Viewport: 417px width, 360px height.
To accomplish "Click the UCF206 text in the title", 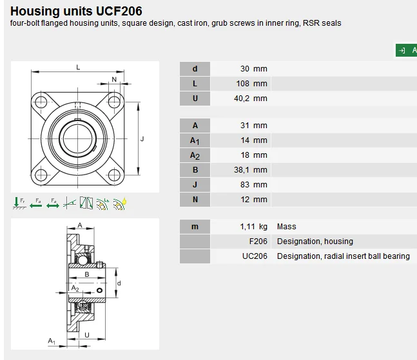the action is coord(119,11).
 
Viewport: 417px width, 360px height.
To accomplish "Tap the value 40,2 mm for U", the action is coord(251,99).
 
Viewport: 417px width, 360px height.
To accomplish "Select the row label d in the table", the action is coord(195,69).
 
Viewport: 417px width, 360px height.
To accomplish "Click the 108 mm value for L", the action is coord(251,84).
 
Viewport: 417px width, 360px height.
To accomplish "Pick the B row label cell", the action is coord(195,170).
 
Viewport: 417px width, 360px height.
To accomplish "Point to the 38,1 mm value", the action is coord(251,170).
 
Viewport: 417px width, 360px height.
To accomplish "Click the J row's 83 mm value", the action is coord(254,185).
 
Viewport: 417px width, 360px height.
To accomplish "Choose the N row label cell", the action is coord(195,200).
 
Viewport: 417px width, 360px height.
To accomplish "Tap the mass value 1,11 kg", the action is coord(254,227).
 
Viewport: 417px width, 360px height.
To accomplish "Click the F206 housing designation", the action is coord(258,242).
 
